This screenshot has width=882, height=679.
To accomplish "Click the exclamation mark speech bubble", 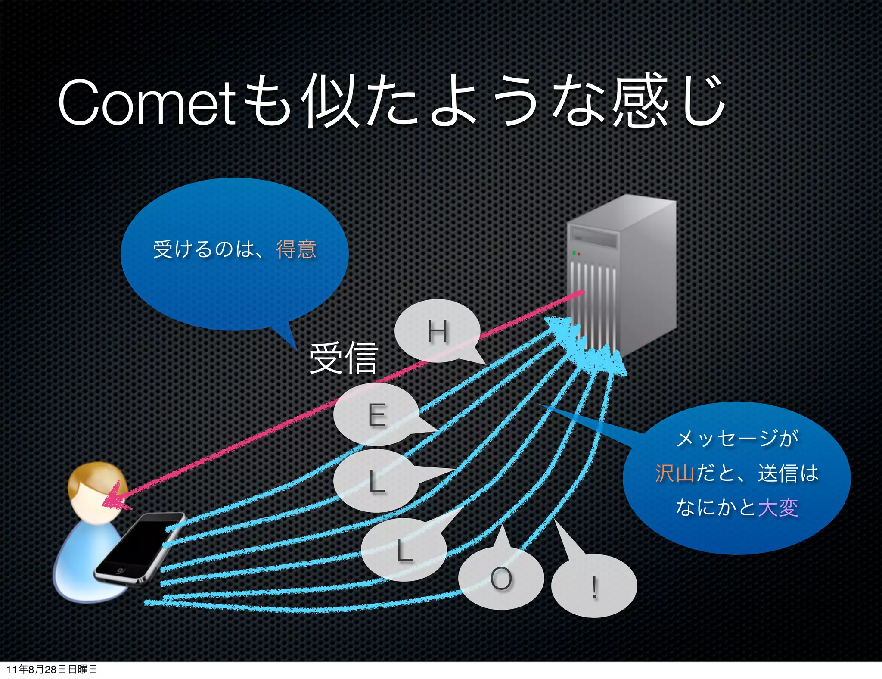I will [594, 586].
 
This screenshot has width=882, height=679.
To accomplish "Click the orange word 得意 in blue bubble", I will [296, 249].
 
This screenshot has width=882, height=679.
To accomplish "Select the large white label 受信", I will [343, 358].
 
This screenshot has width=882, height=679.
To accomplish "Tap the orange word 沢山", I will [674, 473].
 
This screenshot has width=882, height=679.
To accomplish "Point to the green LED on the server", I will [574, 252].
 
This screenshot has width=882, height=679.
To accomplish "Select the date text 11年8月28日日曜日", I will [52, 669].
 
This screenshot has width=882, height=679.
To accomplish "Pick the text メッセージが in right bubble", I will [737, 439].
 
